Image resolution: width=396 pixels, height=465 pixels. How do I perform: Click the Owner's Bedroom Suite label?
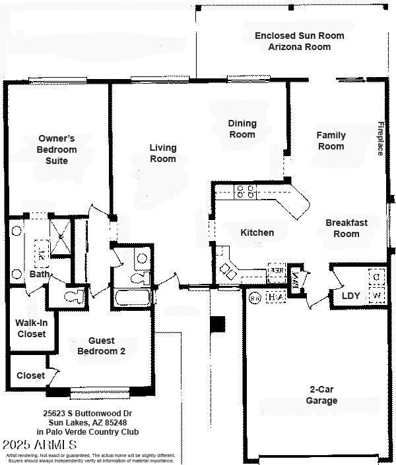click(x=56, y=150)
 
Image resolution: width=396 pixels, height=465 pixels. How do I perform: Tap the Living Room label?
click(x=163, y=153)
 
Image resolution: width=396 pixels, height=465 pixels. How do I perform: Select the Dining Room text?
click(x=242, y=129)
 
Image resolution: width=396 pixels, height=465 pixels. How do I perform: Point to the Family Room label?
click(x=331, y=141)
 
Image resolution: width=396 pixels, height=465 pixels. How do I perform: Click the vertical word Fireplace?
click(x=380, y=139)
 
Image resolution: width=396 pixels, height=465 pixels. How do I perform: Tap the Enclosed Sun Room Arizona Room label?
click(x=299, y=41)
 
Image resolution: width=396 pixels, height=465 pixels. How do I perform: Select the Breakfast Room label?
click(x=346, y=229)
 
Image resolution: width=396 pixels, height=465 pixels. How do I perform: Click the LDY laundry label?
click(x=350, y=296)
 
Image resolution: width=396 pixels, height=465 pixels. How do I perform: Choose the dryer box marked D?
click(x=377, y=277)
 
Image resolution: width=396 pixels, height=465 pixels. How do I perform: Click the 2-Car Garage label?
click(x=321, y=395)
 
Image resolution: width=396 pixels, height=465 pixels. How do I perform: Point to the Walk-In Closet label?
click(x=30, y=329)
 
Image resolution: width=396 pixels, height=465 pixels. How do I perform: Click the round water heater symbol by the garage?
click(x=255, y=298)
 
